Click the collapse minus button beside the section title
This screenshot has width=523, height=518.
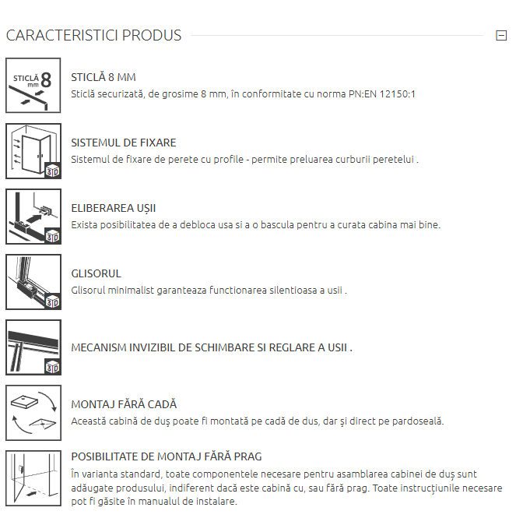(x=501, y=35)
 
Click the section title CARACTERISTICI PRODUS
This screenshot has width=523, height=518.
(x=93, y=35)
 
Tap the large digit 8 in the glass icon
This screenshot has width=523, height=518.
(x=46, y=80)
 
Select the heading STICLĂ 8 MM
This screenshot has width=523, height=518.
(x=104, y=77)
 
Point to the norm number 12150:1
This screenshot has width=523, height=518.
(x=397, y=94)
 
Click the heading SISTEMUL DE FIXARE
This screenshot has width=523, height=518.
(x=124, y=143)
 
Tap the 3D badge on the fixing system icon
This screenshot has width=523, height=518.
(x=53, y=171)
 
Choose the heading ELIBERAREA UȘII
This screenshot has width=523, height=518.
(x=114, y=208)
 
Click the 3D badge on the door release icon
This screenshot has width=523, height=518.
(x=53, y=236)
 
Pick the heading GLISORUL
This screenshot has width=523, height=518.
(x=96, y=273)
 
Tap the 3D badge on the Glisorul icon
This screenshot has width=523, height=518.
(x=53, y=301)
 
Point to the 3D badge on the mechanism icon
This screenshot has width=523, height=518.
(x=53, y=367)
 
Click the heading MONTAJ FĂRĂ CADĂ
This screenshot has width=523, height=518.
(x=124, y=404)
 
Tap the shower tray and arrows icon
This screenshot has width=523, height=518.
(x=33, y=413)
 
